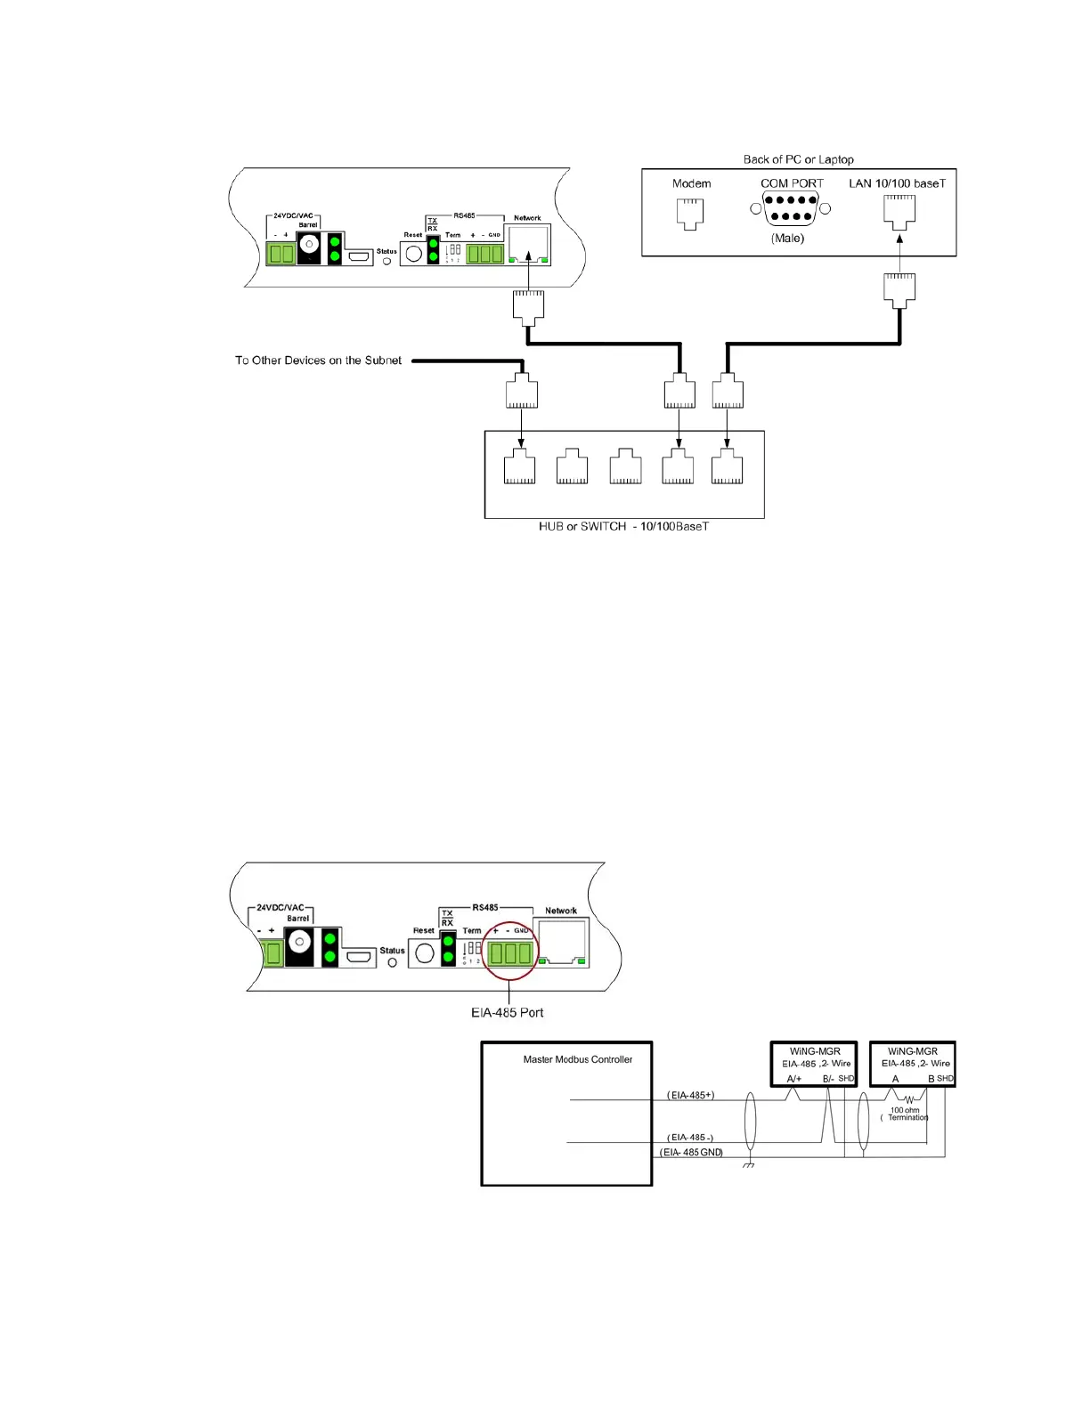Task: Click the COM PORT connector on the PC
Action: tap(790, 208)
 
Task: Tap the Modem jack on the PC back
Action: tap(690, 213)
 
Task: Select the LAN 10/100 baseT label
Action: tap(897, 183)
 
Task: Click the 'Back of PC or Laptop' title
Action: tap(798, 159)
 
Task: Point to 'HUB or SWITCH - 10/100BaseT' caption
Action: tap(623, 526)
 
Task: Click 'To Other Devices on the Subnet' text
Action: tap(318, 361)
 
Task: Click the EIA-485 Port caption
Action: tap(507, 1012)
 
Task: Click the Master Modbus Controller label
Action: tap(577, 1059)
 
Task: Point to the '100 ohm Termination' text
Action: tap(907, 1114)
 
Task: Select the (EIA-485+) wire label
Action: tap(690, 1095)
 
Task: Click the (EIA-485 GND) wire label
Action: tap(691, 1152)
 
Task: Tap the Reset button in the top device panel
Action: tap(413, 254)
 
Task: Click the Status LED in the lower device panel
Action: tap(392, 962)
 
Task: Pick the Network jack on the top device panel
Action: tap(528, 244)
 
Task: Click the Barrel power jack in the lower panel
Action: tap(299, 941)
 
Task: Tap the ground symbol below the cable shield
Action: tap(749, 1165)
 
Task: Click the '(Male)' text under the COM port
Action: tap(787, 238)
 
